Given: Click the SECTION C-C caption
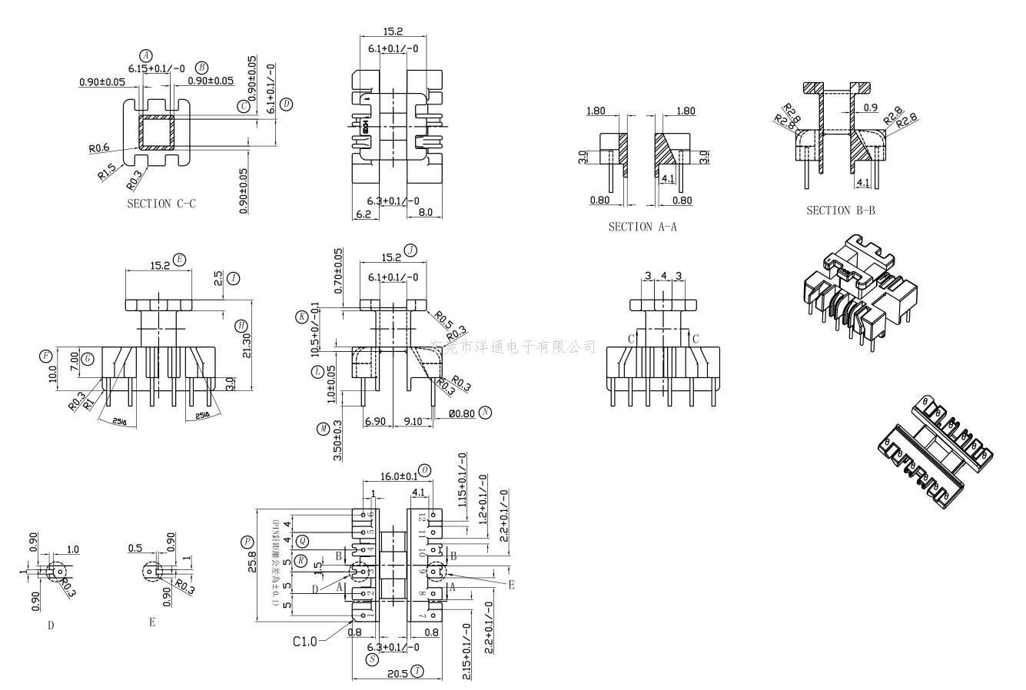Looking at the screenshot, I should click(x=161, y=204).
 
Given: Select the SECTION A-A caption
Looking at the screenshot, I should click(x=642, y=227).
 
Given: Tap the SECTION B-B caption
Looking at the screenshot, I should click(x=841, y=210).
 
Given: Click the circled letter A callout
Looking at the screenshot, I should click(x=146, y=55).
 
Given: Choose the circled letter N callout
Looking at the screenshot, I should click(x=485, y=413).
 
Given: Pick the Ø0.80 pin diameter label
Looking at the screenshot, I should click(x=461, y=413).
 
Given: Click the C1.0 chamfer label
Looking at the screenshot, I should click(x=304, y=641).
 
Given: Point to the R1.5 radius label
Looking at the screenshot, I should click(x=107, y=171).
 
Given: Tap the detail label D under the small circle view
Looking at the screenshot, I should click(x=51, y=625).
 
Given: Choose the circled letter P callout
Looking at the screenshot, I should click(x=247, y=542).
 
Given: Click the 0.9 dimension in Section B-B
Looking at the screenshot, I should click(x=870, y=108).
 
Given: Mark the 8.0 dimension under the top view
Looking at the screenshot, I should click(x=426, y=213).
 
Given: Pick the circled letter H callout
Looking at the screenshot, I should click(x=241, y=326).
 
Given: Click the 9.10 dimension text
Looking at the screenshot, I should click(x=412, y=421).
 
